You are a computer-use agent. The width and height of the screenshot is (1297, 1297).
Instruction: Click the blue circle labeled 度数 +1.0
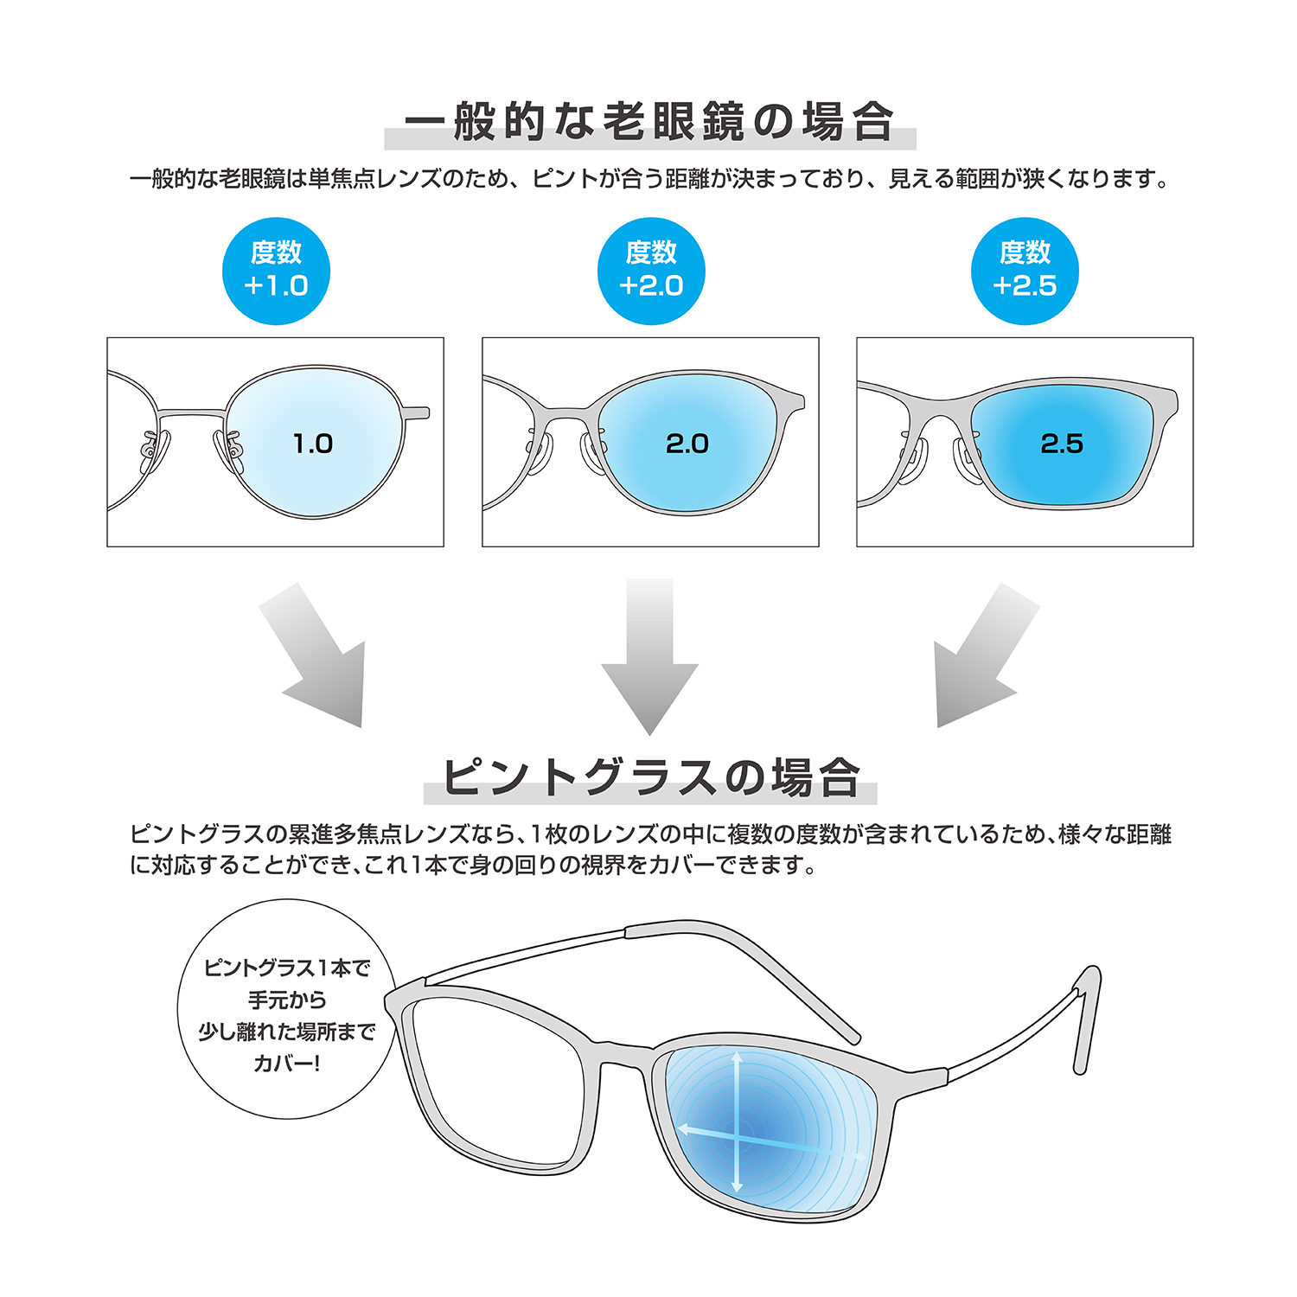[276, 271]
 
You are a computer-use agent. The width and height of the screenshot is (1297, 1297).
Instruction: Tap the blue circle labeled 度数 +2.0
[651, 271]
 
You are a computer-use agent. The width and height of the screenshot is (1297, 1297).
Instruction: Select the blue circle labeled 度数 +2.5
[1025, 271]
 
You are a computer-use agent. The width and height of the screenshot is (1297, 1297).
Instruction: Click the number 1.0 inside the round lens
[312, 444]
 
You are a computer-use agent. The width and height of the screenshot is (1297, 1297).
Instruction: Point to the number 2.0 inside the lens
[687, 444]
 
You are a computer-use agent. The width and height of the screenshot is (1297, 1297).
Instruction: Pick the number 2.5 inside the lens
[1062, 444]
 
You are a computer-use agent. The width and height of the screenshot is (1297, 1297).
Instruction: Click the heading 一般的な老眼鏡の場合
[649, 122]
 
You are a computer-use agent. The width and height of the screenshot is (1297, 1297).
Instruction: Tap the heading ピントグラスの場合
[650, 776]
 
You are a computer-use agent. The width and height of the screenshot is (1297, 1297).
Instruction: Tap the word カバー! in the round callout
[286, 1063]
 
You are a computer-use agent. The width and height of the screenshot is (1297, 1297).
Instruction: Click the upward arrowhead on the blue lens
[737, 1057]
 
